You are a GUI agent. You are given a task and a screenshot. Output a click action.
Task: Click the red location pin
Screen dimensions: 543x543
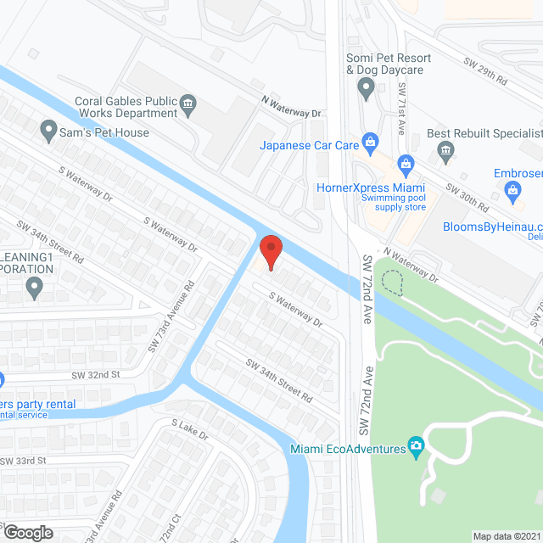[x=270, y=251]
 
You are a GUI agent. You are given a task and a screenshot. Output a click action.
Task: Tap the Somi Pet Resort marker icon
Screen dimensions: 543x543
[x=366, y=86]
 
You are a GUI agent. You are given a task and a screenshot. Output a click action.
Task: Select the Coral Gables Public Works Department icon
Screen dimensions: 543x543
[x=188, y=107]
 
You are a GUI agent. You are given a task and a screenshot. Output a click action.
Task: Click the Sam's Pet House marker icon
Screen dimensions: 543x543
[x=48, y=132]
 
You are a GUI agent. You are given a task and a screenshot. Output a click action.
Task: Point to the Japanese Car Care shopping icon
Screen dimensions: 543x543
[x=369, y=141]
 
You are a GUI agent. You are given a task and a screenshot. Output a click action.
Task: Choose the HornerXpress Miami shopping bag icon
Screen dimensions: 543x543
[x=406, y=162]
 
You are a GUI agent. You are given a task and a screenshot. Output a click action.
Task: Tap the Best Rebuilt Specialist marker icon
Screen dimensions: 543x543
[x=445, y=151]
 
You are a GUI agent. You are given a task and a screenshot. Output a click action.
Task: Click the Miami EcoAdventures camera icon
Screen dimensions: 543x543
[x=416, y=445]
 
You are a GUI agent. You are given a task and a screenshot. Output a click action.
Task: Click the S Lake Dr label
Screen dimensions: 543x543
[x=189, y=430]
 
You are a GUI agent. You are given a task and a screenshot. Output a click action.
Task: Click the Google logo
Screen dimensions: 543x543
[x=27, y=532]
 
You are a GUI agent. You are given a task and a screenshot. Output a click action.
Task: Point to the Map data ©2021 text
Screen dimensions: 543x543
[x=507, y=536]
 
